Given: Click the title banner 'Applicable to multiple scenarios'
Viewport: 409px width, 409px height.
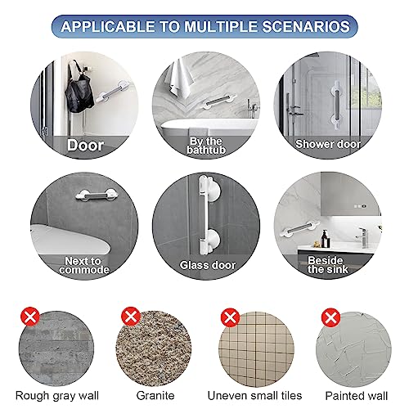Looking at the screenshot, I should click(205, 25).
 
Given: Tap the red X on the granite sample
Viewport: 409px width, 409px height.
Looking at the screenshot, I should click(130, 315).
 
